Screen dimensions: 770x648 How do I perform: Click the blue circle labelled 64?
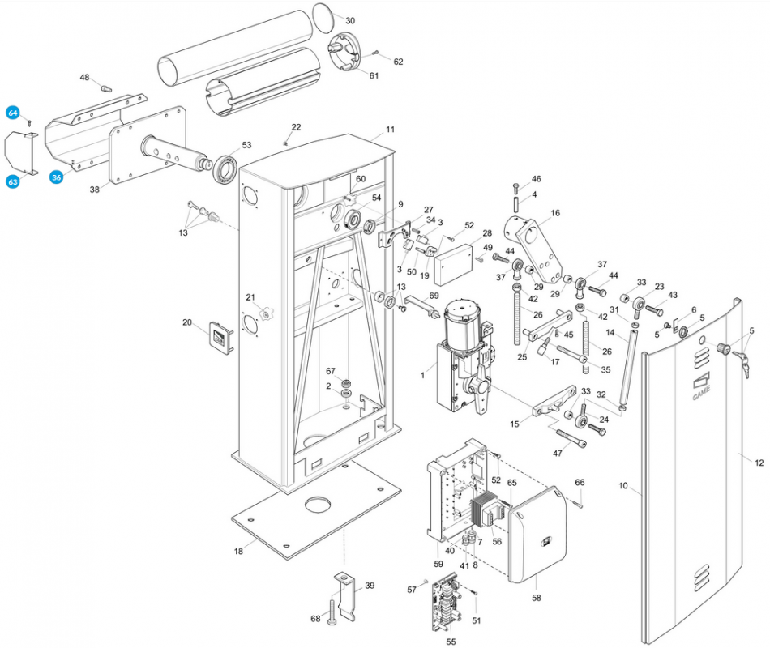click(x=13, y=113)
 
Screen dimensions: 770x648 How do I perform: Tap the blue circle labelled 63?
click(x=13, y=181)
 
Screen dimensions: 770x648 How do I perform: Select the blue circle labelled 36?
click(x=57, y=177)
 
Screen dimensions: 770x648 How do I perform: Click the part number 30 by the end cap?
click(x=350, y=20)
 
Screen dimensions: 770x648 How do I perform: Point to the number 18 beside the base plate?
click(x=238, y=552)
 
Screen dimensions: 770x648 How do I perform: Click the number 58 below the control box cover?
click(x=537, y=598)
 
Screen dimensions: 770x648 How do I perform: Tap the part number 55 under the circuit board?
click(x=451, y=642)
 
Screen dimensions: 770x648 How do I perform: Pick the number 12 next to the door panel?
click(x=759, y=463)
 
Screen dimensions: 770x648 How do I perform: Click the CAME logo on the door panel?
click(x=701, y=386)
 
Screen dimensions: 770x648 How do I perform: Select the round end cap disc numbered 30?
click(x=323, y=18)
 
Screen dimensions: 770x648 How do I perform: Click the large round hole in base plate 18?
click(x=319, y=504)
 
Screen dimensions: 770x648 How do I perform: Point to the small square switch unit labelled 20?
click(x=221, y=337)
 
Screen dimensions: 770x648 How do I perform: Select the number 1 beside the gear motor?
click(x=422, y=376)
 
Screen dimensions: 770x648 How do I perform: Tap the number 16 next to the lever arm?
click(x=555, y=213)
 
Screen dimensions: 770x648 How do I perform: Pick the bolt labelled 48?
click(x=105, y=88)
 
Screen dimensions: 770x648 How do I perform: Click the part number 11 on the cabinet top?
click(x=390, y=130)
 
